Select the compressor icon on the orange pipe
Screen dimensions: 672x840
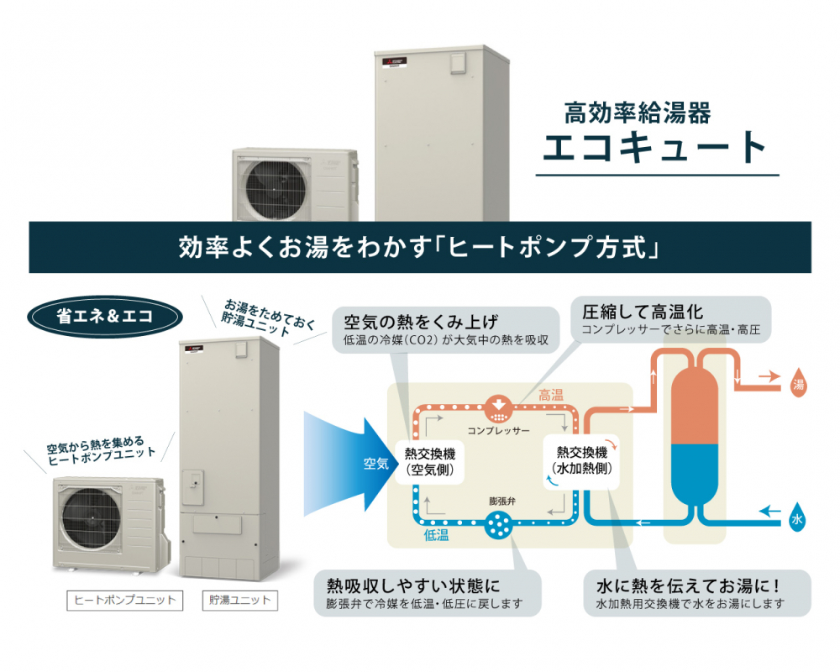click(499, 409)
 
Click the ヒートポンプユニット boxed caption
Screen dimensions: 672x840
click(125, 600)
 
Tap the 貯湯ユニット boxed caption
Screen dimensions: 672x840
click(239, 600)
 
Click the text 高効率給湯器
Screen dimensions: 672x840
click(638, 112)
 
